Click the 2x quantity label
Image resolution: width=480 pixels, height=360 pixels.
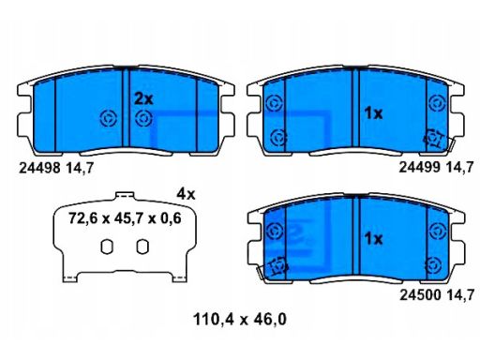point(142,97)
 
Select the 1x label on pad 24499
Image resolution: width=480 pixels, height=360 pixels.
point(372,112)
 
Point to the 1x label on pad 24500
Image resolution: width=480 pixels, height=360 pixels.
point(372,238)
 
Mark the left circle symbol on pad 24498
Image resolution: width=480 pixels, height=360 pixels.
point(107,117)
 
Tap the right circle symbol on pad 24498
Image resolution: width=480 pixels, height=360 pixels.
point(142,117)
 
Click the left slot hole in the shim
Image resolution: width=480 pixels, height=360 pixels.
point(106,247)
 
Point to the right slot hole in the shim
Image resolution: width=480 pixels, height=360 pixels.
point(142,247)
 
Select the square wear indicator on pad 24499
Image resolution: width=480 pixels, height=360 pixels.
point(434,139)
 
